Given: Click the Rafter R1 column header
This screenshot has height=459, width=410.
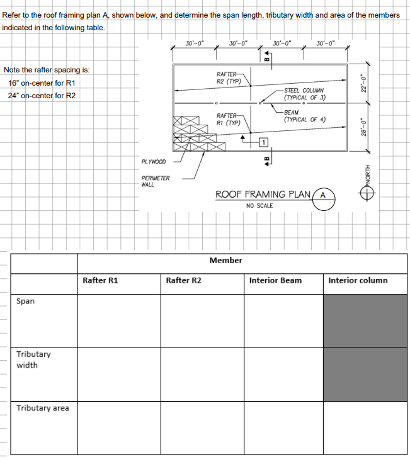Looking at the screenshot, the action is [x=101, y=280].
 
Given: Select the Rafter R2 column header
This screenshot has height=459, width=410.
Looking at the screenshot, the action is [x=183, y=280].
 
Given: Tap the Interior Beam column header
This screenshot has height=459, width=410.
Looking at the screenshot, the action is [x=276, y=280].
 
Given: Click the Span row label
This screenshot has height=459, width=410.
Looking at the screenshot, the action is [x=26, y=301].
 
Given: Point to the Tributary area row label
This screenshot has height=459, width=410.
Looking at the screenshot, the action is [x=43, y=408].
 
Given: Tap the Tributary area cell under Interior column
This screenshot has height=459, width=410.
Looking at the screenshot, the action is [x=365, y=427].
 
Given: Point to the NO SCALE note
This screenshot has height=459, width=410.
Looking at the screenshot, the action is [x=259, y=206].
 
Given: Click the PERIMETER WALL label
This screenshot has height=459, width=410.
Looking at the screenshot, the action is [x=155, y=181].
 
